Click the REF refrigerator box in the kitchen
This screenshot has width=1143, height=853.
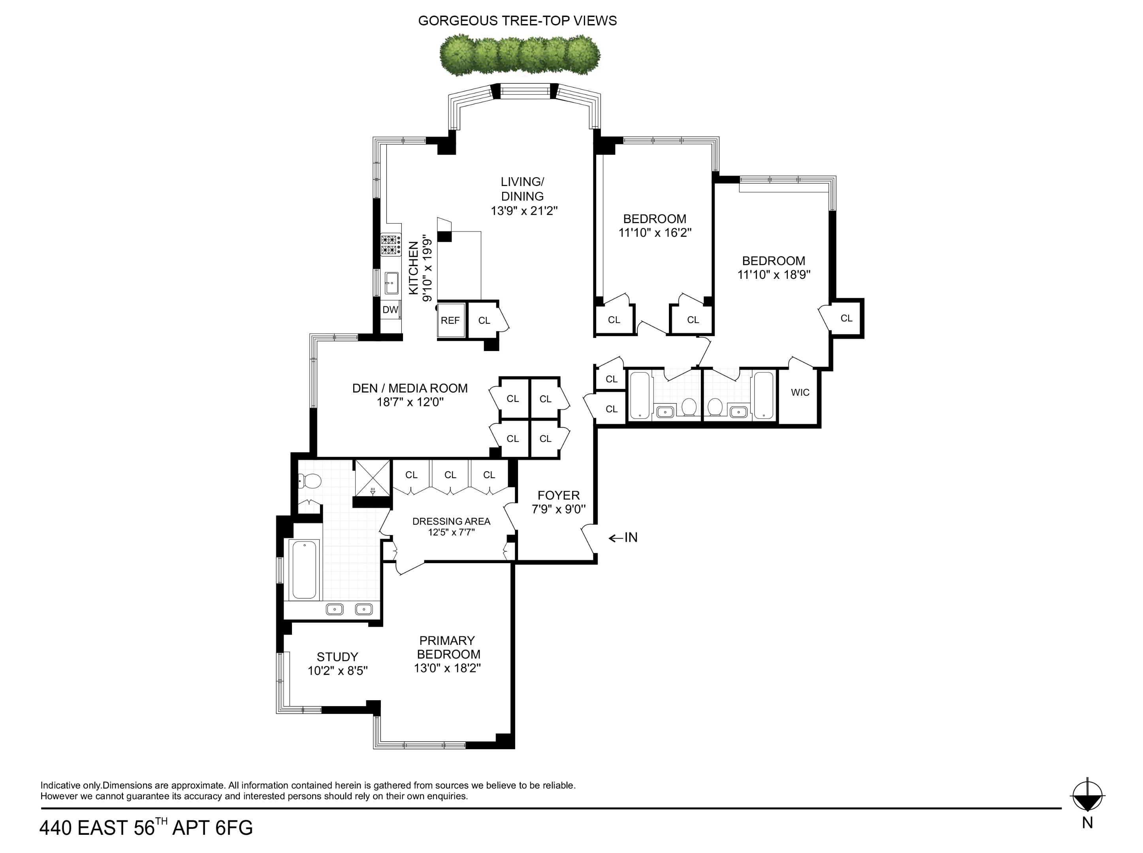point(450,320)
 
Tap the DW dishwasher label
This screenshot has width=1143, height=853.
point(390,310)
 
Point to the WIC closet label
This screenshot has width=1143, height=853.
point(800,393)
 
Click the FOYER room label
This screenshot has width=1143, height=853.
point(558,495)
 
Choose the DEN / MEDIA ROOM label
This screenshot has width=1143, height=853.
point(410,388)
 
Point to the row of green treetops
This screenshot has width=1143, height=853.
point(520,55)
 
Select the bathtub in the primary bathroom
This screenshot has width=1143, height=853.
point(304,569)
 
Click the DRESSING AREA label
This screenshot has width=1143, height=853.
point(451,522)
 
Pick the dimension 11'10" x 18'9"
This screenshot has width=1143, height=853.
point(773,275)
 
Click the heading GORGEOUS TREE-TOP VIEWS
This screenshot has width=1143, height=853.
point(517,21)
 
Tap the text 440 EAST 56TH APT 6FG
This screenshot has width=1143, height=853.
point(146,828)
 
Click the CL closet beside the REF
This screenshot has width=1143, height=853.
point(484,321)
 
